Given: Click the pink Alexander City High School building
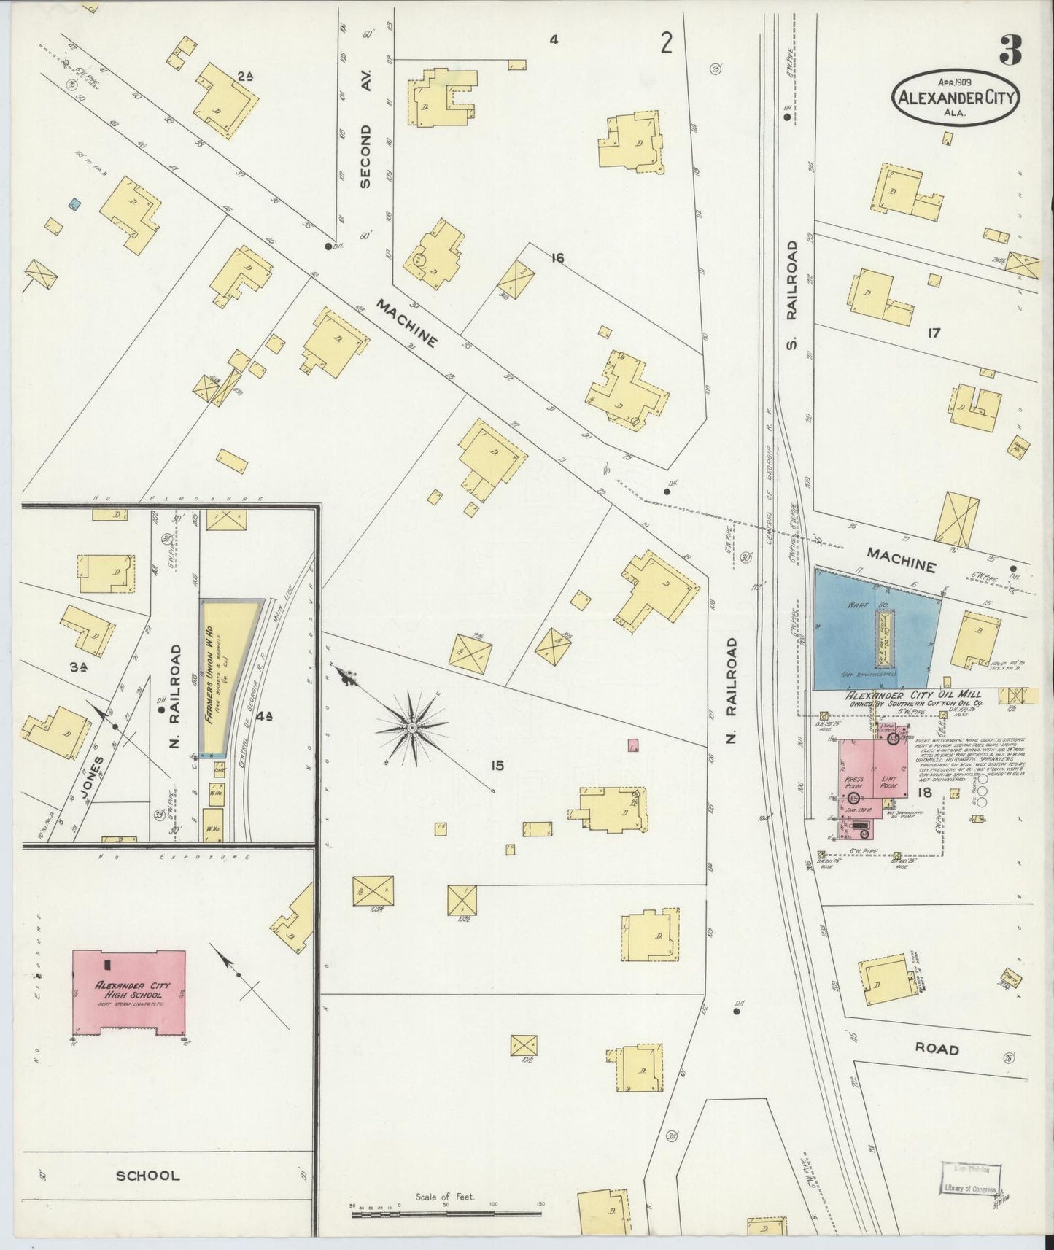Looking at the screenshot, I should click(129, 991).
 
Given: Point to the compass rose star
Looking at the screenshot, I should click(412, 729).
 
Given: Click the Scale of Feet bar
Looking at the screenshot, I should click(446, 1214).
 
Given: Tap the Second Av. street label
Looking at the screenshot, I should click(366, 155).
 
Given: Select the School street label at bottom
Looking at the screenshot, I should click(147, 1176).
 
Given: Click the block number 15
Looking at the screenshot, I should click(497, 766).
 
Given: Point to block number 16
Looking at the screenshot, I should click(557, 257).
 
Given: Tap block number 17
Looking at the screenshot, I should click(933, 333).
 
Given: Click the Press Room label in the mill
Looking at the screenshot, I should click(853, 783).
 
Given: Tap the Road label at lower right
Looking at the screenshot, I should click(937, 1049).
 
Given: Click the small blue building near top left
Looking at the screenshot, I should click(74, 205).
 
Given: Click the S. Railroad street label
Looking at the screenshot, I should click(794, 294).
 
